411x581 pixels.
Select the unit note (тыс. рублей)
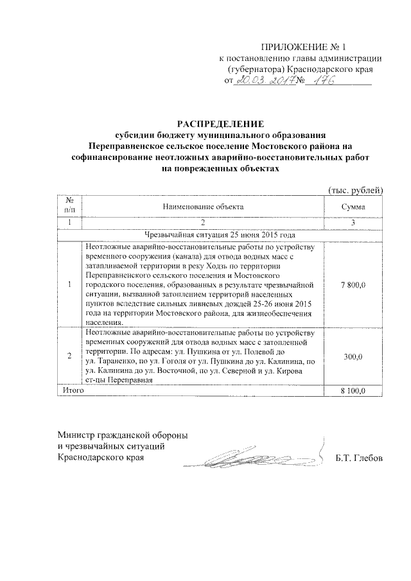(x=355, y=190)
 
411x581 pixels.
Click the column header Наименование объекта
(x=203, y=207)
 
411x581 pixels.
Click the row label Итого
(x=72, y=390)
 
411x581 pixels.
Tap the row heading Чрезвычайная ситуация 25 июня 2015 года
(x=204, y=235)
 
